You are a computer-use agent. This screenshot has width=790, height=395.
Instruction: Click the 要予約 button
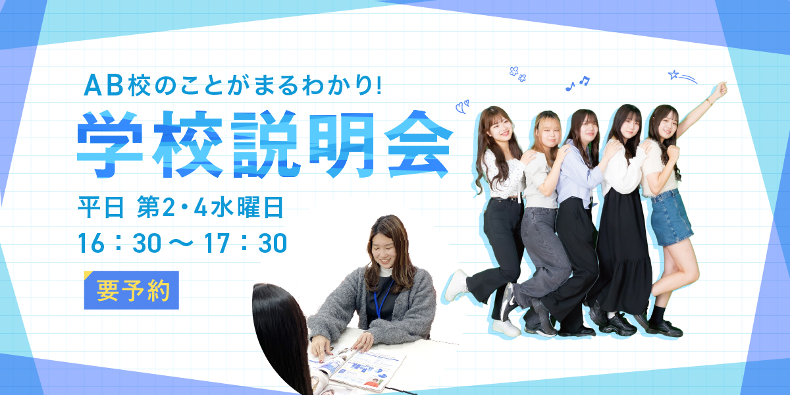pyautogui.click(x=132, y=290)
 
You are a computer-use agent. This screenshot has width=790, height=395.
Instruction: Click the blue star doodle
pyautogui.click(x=673, y=75)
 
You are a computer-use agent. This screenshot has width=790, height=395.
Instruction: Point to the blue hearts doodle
pyautogui.click(x=462, y=105)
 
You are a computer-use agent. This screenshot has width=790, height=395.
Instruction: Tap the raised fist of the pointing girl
pyautogui.click(x=722, y=90)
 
